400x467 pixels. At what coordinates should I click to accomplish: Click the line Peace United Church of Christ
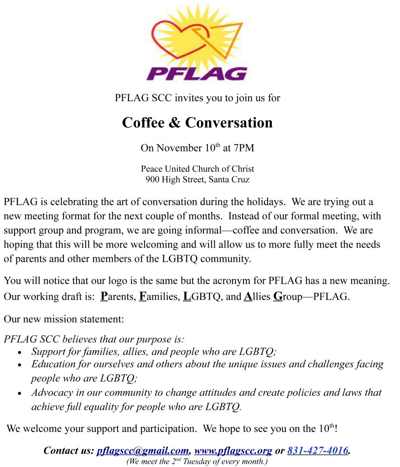click(197, 169)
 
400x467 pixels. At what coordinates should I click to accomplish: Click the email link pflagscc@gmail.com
click(143, 451)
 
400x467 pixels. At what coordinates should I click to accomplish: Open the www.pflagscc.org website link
click(233, 451)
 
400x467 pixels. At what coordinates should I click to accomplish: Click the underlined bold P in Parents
click(103, 297)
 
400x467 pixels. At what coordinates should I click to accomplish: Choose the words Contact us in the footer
click(68, 451)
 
